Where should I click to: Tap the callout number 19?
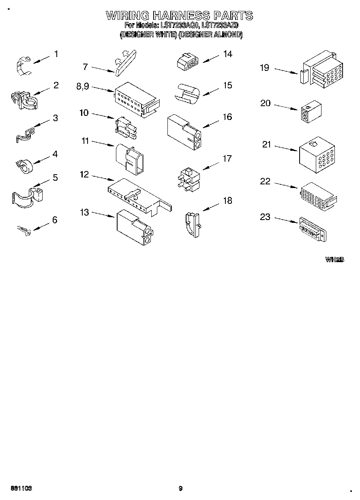coord(264,68)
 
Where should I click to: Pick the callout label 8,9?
coord(82,86)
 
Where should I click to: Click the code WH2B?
coord(334,259)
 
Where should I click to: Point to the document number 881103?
coord(19,488)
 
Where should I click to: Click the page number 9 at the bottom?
coord(180,488)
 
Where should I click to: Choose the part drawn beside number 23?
coord(312,230)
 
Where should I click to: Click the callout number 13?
coord(84,212)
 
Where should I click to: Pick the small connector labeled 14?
coord(188,61)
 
